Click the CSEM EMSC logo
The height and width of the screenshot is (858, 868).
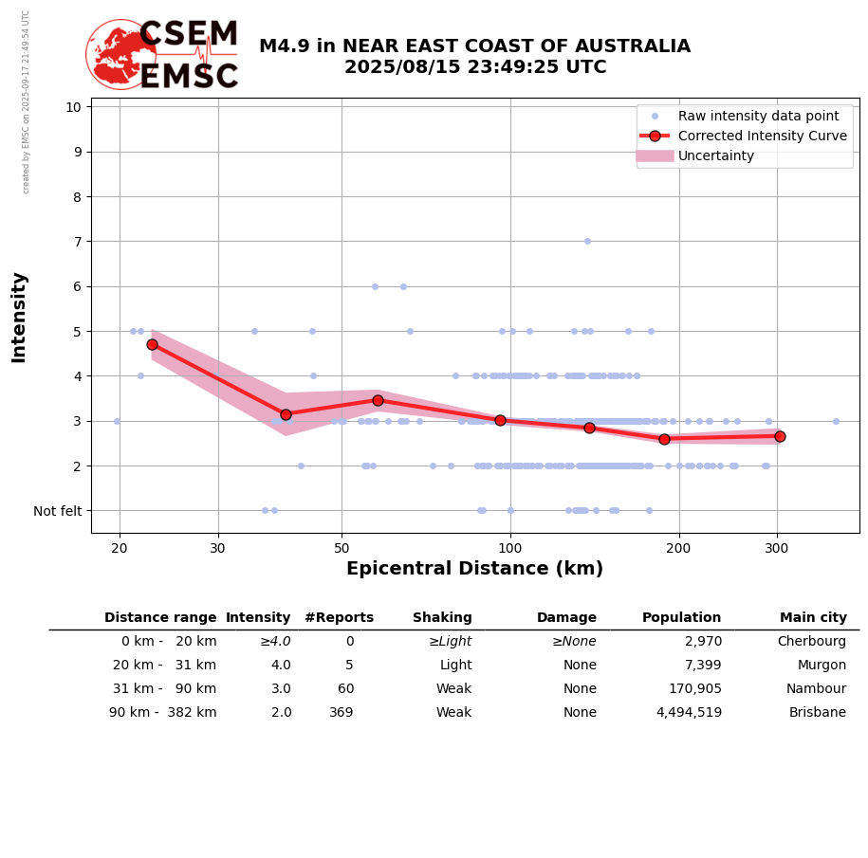click(162, 55)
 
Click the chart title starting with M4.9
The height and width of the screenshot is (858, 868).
click(474, 57)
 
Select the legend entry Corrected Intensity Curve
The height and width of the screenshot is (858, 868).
click(762, 136)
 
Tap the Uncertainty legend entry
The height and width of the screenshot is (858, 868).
click(716, 155)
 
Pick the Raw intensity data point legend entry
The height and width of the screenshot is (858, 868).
click(758, 116)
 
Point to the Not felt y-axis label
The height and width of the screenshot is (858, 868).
click(58, 511)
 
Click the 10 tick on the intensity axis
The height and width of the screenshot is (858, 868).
click(73, 106)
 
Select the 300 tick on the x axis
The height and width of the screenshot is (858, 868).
click(777, 547)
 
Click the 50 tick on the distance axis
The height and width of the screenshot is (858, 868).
click(342, 547)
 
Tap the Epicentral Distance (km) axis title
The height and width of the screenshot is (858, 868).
click(474, 569)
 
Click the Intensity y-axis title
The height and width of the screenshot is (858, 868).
click(19, 317)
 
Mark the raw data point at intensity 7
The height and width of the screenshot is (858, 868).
click(587, 241)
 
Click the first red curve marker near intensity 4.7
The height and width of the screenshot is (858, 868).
click(152, 344)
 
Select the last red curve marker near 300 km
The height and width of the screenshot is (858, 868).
click(780, 436)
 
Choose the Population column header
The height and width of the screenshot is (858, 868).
click(681, 618)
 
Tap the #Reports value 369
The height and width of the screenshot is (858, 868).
click(342, 713)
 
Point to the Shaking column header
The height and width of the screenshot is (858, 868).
click(442, 618)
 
